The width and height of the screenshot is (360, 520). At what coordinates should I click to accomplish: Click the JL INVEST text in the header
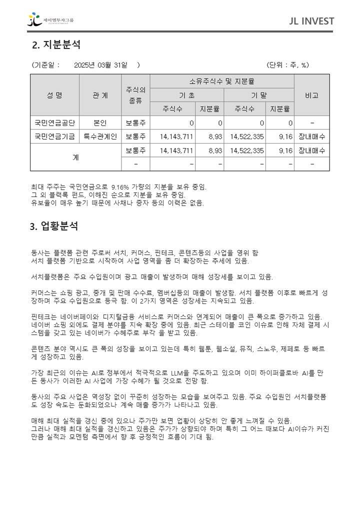coord(311,21)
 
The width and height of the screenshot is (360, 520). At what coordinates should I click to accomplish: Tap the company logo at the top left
coord(50,20)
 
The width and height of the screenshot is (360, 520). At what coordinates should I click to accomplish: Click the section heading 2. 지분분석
coord(56,45)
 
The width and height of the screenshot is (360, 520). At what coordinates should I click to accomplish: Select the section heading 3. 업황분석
coord(54,226)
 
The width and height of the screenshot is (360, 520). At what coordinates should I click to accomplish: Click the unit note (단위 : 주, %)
coord(287,65)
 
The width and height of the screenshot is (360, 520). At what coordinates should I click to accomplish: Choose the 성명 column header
coord(54,95)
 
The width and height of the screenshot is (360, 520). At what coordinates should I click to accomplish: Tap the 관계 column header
coord(100,95)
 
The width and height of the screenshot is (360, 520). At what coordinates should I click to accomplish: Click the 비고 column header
coord(311,95)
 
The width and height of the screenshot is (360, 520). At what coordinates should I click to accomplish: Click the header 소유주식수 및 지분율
coord(222,81)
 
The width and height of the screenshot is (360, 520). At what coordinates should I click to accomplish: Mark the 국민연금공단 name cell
coord(54,122)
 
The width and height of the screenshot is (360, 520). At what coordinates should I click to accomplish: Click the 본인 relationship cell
coord(100,122)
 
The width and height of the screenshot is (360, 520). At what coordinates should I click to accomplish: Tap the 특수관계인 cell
coord(100,136)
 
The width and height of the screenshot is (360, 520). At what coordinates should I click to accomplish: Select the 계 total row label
coord(75,157)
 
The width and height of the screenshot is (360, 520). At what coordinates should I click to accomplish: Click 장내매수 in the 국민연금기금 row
coord(311,136)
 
